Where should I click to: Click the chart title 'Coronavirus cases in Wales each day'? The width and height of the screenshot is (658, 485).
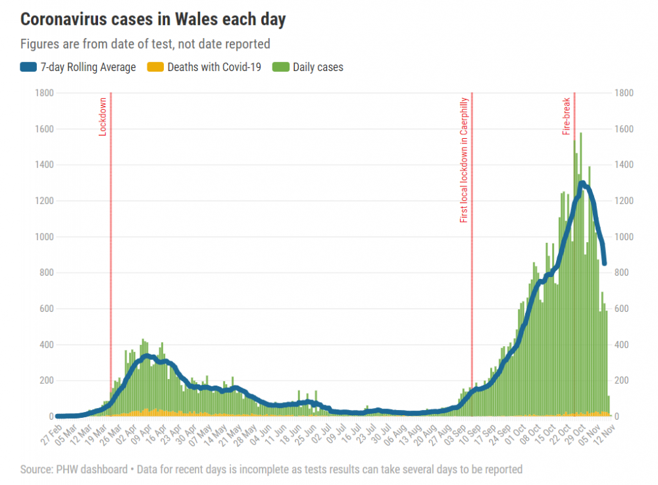click(x=153, y=20)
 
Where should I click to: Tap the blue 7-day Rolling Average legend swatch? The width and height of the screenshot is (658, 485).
click(x=28, y=67)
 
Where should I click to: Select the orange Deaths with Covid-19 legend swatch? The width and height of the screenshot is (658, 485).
click(x=155, y=67)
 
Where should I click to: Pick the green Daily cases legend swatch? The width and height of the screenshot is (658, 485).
click(x=281, y=67)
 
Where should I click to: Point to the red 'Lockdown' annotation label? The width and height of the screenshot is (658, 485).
click(x=103, y=117)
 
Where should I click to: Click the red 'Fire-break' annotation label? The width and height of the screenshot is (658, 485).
click(x=566, y=116)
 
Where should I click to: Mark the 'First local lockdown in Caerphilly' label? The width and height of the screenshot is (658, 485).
click(x=463, y=161)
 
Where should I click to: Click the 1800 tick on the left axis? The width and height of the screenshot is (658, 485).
click(x=45, y=93)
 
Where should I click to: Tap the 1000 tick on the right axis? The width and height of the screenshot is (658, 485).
click(x=624, y=237)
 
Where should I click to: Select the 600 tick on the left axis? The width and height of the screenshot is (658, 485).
click(x=47, y=309)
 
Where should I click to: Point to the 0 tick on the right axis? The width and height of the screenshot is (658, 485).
click(x=617, y=417)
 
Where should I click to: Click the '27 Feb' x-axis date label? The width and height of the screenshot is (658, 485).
click(x=51, y=434)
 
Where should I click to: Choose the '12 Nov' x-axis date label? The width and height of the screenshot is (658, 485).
click(x=604, y=434)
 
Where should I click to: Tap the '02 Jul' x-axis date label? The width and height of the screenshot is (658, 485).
click(x=322, y=434)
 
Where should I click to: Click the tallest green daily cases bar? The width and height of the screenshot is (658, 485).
click(x=581, y=274)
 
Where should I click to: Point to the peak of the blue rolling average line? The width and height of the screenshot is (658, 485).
click(x=582, y=183)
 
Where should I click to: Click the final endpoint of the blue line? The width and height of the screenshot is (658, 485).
click(x=605, y=263)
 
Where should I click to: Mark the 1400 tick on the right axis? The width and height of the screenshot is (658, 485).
click(x=624, y=165)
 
